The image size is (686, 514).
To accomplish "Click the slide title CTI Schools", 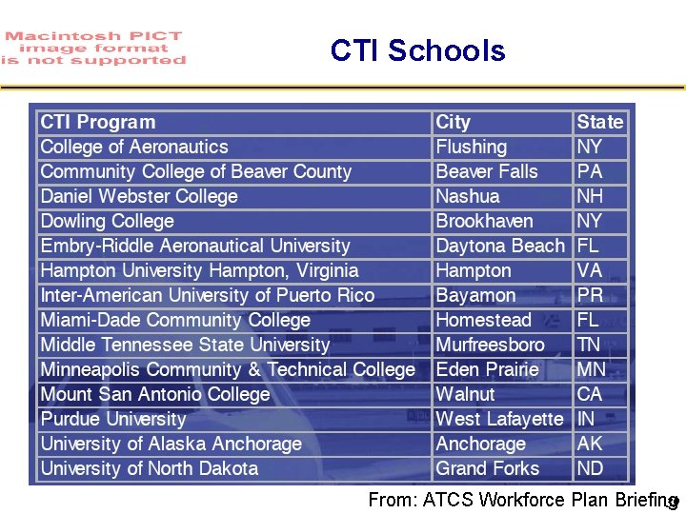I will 417,50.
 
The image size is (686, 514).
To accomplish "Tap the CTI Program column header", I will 98,122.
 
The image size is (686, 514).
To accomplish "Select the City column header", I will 454,122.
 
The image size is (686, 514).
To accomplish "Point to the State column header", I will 599,122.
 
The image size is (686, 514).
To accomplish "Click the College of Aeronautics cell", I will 134,147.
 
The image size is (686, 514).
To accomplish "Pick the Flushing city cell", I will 472,147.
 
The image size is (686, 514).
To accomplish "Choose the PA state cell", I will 590,171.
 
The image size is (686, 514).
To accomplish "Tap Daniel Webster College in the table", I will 139,196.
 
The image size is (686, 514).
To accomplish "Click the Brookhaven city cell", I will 485,221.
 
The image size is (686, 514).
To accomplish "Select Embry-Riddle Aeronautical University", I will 195,246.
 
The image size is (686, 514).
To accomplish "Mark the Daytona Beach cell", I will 500,246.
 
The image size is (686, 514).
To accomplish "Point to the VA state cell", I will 590,270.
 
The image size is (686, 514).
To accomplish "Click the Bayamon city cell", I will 475,295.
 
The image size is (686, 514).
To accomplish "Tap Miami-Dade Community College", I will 175,320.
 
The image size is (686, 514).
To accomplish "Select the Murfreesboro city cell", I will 491,345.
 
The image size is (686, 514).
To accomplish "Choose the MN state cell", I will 592,369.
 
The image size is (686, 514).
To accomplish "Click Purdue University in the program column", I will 113,419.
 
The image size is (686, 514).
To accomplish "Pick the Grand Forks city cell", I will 488,468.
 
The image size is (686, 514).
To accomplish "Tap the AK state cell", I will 590,444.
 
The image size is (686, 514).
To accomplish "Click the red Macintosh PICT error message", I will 93,49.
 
